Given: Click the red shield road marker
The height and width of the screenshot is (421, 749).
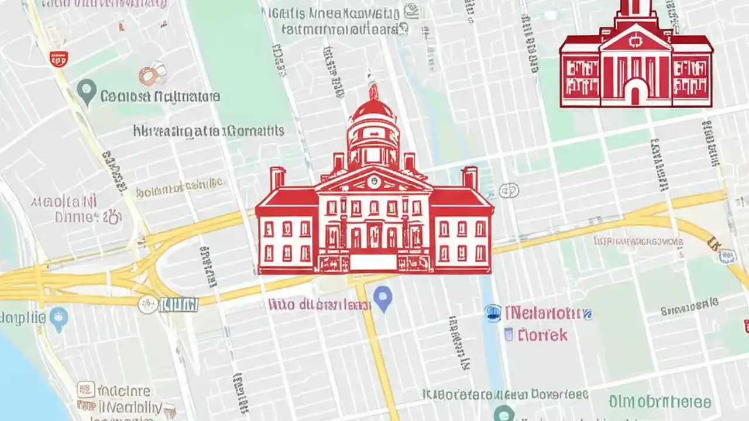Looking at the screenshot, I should pyautogui.click(x=59, y=58).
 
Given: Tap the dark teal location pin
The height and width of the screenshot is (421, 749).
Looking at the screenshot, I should pyautogui.click(x=87, y=92).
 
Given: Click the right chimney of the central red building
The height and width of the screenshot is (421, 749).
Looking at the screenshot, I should pyautogui.click(x=469, y=178).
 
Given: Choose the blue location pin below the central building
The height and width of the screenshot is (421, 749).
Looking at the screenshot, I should pyautogui.click(x=382, y=299).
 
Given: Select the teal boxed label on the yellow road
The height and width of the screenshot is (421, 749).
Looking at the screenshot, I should pyautogui.click(x=178, y=305).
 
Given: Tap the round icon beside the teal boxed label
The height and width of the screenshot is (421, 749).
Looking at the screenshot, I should pyautogui.click(x=148, y=305).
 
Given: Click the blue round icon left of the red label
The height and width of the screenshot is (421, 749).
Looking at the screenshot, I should pyautogui.click(x=493, y=313).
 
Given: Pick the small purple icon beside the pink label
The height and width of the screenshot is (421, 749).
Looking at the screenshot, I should pyautogui.click(x=509, y=334).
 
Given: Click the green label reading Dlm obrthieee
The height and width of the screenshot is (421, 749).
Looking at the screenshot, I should pyautogui.click(x=659, y=402).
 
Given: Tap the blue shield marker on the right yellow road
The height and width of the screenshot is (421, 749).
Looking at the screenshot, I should pyautogui.click(x=727, y=256).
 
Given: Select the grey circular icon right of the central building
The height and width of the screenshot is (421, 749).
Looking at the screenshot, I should pyautogui.click(x=509, y=190).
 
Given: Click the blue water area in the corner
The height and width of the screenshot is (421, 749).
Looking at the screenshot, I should pyautogui.click(x=23, y=374).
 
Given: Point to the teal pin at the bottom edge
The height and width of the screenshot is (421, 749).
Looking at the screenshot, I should pyautogui.click(x=503, y=414).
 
